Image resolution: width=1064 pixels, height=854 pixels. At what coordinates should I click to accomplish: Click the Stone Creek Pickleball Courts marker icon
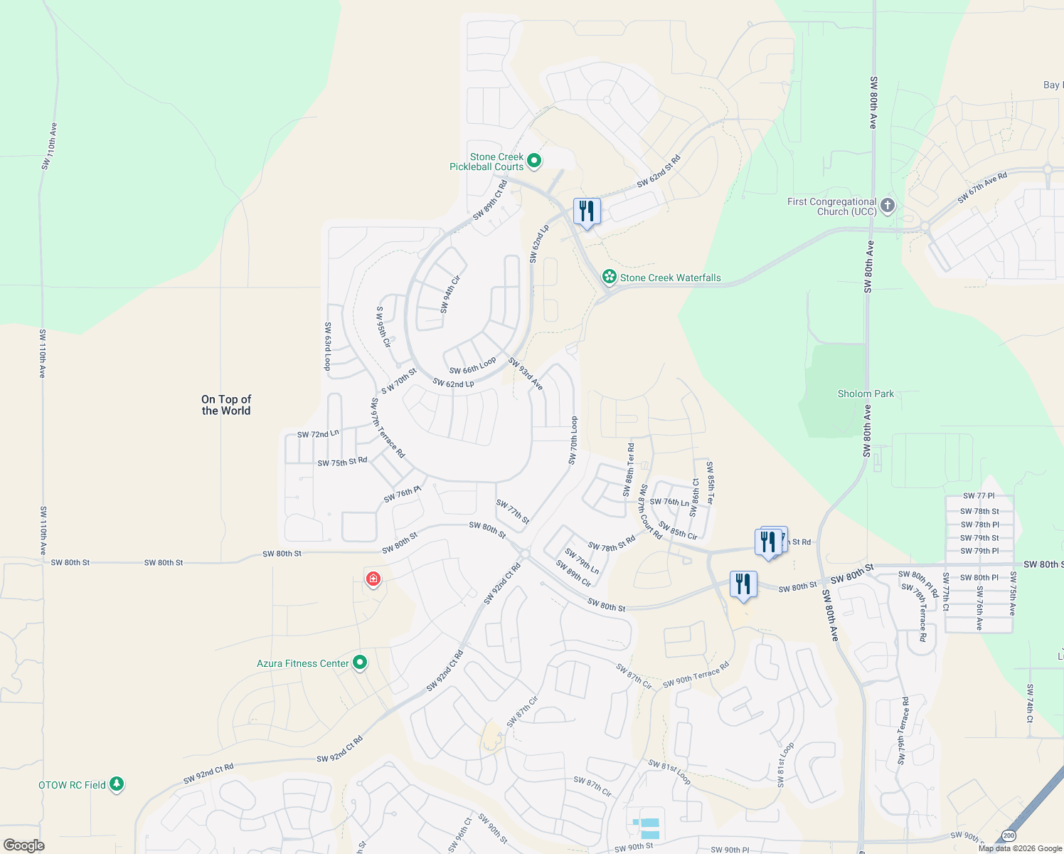[x=534, y=162]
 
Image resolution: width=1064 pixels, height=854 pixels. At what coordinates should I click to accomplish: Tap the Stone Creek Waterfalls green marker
[x=609, y=277]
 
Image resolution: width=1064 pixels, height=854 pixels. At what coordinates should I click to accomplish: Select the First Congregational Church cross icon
[x=887, y=206]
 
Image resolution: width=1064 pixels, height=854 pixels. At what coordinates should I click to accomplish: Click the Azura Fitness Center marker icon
[x=360, y=663]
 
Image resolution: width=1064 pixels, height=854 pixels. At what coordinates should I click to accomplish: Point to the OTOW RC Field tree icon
[x=117, y=784]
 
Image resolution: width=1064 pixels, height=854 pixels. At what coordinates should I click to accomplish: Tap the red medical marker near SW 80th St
[x=373, y=579]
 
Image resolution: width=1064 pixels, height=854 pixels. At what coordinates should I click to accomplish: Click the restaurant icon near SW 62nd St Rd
[x=587, y=211]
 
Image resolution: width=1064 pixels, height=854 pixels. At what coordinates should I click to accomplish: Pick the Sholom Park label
[x=866, y=394]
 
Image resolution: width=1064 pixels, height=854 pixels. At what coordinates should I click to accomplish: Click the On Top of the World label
[x=226, y=405]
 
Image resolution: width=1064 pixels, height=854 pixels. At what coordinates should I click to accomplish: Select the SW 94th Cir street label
[x=450, y=295]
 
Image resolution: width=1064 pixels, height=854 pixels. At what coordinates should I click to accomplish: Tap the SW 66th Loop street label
[x=472, y=366]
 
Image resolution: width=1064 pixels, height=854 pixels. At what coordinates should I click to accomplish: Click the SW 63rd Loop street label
[x=328, y=347]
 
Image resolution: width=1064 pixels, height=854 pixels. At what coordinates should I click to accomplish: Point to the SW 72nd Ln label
[x=318, y=434]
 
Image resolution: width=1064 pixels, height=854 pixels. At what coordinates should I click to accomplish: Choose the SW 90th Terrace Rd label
[x=696, y=675]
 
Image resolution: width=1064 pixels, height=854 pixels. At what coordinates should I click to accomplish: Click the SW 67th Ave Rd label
[x=982, y=188]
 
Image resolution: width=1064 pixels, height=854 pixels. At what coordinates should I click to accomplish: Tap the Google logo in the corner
[x=23, y=845]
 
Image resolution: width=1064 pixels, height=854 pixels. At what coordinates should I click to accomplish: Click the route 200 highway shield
[x=1008, y=835]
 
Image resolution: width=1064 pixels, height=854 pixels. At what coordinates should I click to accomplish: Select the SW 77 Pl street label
[x=979, y=496]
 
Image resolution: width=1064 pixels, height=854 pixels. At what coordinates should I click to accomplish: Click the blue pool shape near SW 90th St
[x=649, y=828]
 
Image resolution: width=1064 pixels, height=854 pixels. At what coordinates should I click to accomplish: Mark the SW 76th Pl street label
[x=403, y=494]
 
